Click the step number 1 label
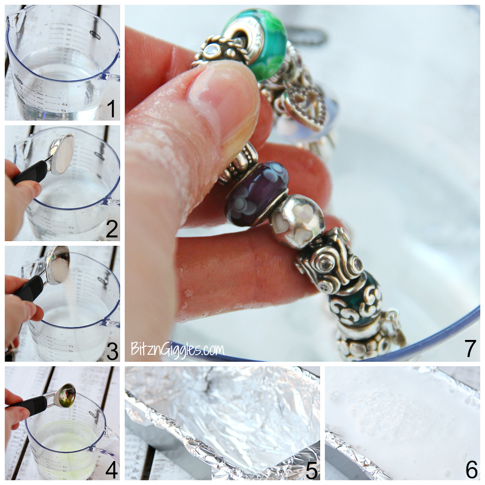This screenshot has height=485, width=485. [x=111, y=109]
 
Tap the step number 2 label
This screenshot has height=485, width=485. [x=111, y=230]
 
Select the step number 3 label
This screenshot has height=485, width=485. [x=112, y=351]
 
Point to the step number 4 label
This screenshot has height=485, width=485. [x=111, y=470]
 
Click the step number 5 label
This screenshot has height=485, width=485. [x=312, y=470]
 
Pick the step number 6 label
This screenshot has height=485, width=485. [x=471, y=470]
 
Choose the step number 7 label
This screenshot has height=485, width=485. [x=470, y=348]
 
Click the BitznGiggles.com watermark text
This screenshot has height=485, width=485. [x=177, y=349]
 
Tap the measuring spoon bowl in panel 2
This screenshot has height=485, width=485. [x=62, y=153]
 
